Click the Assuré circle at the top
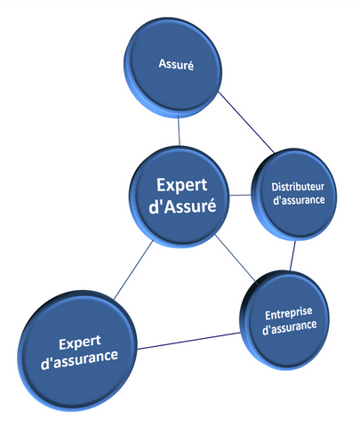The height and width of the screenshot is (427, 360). [172, 68]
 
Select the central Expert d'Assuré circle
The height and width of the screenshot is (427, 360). [179, 197]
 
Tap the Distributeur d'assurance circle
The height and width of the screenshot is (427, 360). [294, 195]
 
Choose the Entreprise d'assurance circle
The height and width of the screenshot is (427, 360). [284, 320]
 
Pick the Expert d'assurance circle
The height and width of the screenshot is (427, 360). [77, 350]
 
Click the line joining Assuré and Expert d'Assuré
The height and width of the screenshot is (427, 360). [179, 131]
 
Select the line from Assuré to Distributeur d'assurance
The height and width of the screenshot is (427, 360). [246, 123]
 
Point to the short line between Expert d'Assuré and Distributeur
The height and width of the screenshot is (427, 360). [240, 195]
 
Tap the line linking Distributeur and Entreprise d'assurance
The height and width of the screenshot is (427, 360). [292, 255]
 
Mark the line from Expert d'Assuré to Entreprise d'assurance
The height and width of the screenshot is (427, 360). [236, 259]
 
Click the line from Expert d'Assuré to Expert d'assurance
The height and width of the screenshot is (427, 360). [133, 270]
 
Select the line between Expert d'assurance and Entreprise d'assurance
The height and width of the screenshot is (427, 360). [188, 341]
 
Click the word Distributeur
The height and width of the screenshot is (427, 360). [298, 187]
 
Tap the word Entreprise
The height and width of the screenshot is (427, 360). [289, 313]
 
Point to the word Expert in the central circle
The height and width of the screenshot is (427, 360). [181, 185]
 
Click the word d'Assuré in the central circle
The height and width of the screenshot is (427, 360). [182, 205]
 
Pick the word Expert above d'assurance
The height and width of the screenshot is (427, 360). [80, 343]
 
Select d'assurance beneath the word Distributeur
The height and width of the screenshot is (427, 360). [299, 200]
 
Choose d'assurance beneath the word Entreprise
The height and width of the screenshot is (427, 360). [290, 327]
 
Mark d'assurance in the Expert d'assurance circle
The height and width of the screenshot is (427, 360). [79, 359]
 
